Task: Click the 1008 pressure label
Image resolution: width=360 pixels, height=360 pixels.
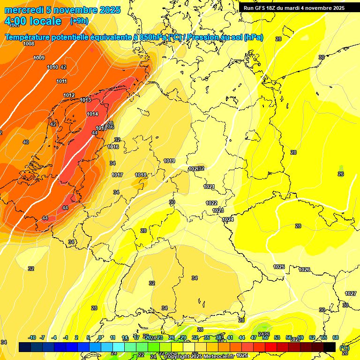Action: (x=29, y=44)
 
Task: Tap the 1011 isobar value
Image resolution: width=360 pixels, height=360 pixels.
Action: (x=61, y=81)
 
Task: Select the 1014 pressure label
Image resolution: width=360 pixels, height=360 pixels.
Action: (x=92, y=114)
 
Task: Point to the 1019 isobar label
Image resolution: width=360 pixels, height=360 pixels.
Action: (x=169, y=161)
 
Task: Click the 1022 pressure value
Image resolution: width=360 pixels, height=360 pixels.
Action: (x=211, y=203)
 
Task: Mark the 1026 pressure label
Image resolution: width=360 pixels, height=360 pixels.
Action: (x=304, y=270)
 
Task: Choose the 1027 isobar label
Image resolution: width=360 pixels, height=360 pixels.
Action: (x=351, y=293)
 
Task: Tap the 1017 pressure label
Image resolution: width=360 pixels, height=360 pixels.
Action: (x=117, y=175)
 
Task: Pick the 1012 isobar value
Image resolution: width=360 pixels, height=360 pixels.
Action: (x=69, y=95)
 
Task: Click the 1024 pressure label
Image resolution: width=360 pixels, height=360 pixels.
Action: (x=228, y=219)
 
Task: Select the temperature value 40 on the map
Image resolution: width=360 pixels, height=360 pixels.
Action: (x=26, y=142)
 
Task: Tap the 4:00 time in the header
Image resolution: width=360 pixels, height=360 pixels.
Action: (x=16, y=21)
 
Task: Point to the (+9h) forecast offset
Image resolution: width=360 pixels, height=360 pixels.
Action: (x=79, y=21)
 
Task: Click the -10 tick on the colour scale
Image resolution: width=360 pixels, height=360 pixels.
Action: (x=32, y=337)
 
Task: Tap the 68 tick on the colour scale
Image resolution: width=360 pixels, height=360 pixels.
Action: (x=336, y=337)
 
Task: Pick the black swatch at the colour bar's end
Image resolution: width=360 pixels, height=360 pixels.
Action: (x=330, y=347)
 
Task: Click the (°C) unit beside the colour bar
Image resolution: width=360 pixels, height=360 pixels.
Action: (x=344, y=348)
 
